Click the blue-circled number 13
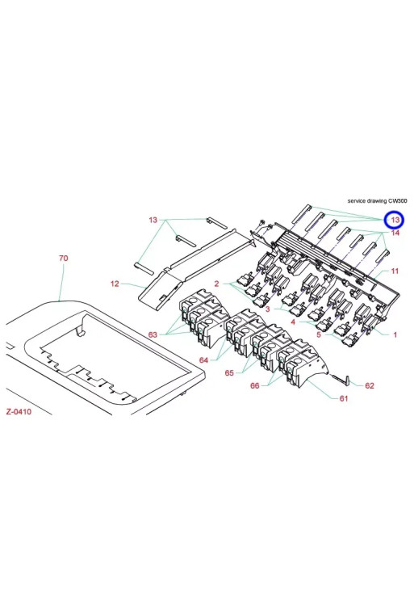(x=395, y=220)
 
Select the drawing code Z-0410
(x=19, y=411)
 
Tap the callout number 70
(x=64, y=258)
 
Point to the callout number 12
(x=115, y=284)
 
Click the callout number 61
(x=344, y=398)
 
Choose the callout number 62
(x=370, y=385)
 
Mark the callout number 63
(x=153, y=334)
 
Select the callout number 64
(x=204, y=360)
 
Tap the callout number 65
(x=229, y=372)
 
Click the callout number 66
(x=255, y=385)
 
